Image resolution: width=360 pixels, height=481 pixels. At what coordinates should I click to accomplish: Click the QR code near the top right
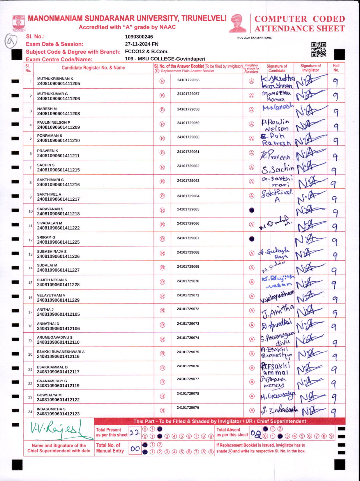[x=319, y=50]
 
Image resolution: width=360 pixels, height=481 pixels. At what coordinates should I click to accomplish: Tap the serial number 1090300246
[x=139, y=37]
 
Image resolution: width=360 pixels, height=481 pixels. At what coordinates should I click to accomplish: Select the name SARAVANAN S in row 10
[x=50, y=209]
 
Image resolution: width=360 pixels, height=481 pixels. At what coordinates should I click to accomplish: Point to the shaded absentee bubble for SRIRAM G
[x=252, y=239]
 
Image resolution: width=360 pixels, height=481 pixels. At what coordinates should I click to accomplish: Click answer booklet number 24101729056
[x=188, y=80]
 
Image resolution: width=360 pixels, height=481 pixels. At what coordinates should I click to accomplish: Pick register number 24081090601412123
[x=58, y=414]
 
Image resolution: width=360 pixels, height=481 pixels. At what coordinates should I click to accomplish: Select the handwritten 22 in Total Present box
[x=135, y=433]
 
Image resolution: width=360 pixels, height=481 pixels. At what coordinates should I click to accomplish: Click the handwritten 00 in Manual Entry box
[x=135, y=449]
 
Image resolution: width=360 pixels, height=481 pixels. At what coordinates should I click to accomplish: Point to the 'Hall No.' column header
[x=336, y=68]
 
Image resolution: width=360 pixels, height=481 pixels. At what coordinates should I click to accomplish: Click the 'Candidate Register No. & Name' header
[x=93, y=68]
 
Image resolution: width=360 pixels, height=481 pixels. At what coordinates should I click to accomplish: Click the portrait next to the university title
[x=238, y=23]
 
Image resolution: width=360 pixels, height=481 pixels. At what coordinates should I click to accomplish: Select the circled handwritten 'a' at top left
[x=11, y=41]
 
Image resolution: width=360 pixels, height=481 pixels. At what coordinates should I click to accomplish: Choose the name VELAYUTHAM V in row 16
[x=51, y=295]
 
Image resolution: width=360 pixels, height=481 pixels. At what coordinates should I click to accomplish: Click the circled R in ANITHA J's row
[x=163, y=311]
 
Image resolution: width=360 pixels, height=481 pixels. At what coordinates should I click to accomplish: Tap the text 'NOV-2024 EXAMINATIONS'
[x=254, y=38]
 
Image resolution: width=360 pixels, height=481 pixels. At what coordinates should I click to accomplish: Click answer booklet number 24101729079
[x=188, y=408]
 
